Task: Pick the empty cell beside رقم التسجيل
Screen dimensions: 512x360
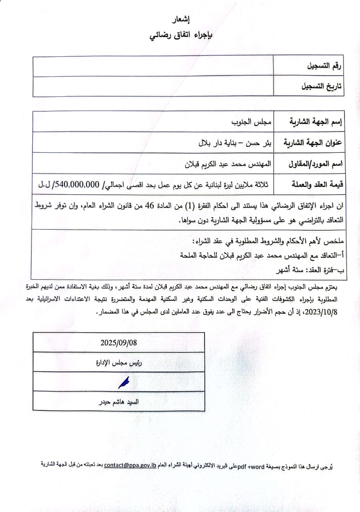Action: point(153,66)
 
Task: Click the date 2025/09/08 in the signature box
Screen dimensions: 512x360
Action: point(118,342)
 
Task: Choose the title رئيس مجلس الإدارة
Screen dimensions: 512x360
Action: point(119,363)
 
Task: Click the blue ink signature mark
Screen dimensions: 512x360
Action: point(124,383)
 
